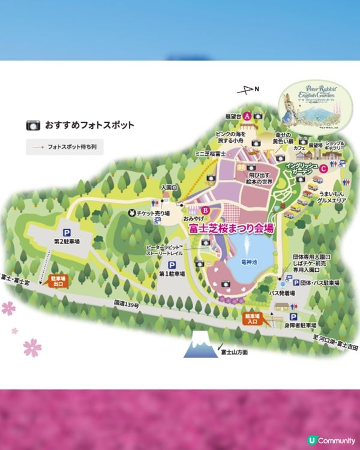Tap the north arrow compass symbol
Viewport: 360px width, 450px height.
[x=245, y=91]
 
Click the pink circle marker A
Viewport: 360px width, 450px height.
[x=247, y=116]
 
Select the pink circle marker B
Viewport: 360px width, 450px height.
[x=205, y=211]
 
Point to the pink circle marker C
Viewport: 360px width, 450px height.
[x=323, y=169]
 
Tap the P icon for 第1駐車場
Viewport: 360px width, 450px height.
[x=172, y=264]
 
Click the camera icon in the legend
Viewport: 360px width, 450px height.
[x=32, y=125]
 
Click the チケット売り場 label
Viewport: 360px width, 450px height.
[x=154, y=213]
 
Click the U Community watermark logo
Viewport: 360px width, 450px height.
[x=331, y=440]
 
